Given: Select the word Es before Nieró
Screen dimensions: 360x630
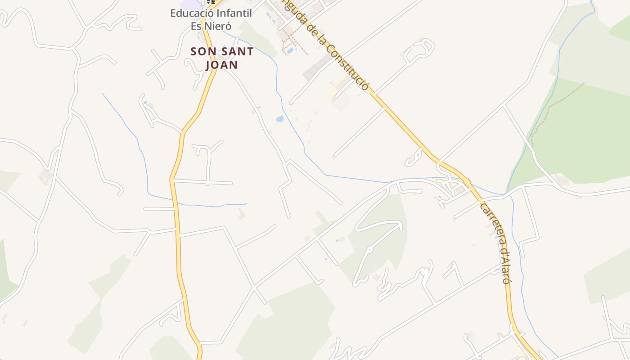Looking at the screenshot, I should pyautogui.click(x=196, y=26).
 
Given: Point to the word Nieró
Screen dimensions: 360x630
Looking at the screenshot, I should pyautogui.click(x=216, y=26).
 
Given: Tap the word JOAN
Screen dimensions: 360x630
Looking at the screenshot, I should pyautogui.click(x=221, y=65).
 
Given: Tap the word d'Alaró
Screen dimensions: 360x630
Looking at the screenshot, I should pyautogui.click(x=506, y=268).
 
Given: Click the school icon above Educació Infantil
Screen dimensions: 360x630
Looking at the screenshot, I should pyautogui.click(x=211, y=2).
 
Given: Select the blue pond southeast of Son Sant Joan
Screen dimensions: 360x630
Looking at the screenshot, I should pyautogui.click(x=279, y=119).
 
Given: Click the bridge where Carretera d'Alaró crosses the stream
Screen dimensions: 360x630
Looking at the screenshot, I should pyautogui.click(x=468, y=183).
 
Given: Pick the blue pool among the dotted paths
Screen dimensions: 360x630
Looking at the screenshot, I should pyautogui.click(x=290, y=50).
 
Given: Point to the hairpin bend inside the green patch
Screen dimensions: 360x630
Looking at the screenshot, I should pyautogui.click(x=398, y=223).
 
